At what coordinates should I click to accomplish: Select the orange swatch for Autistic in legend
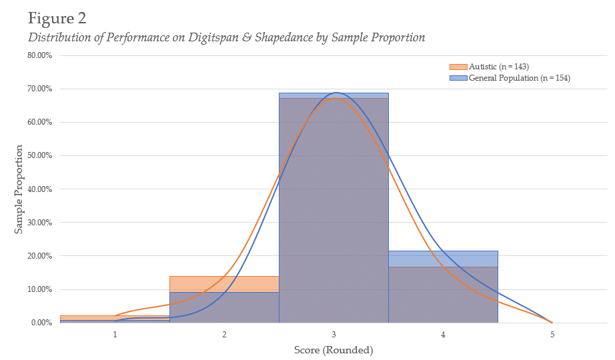(x=458, y=67)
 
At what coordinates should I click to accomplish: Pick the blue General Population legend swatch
(x=458, y=78)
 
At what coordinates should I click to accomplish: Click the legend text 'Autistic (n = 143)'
(x=499, y=67)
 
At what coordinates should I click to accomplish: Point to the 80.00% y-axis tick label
(x=39, y=55)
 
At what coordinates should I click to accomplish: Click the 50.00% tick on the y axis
(x=39, y=155)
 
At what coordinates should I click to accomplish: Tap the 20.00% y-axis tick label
(x=39, y=256)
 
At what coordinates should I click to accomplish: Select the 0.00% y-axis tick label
(x=41, y=323)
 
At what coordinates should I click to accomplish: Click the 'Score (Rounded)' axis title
(x=334, y=350)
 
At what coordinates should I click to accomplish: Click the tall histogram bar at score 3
(x=334, y=213)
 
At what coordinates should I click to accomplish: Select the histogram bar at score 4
(x=443, y=293)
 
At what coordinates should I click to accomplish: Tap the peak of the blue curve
(x=336, y=93)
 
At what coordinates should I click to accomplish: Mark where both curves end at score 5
(x=552, y=322)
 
